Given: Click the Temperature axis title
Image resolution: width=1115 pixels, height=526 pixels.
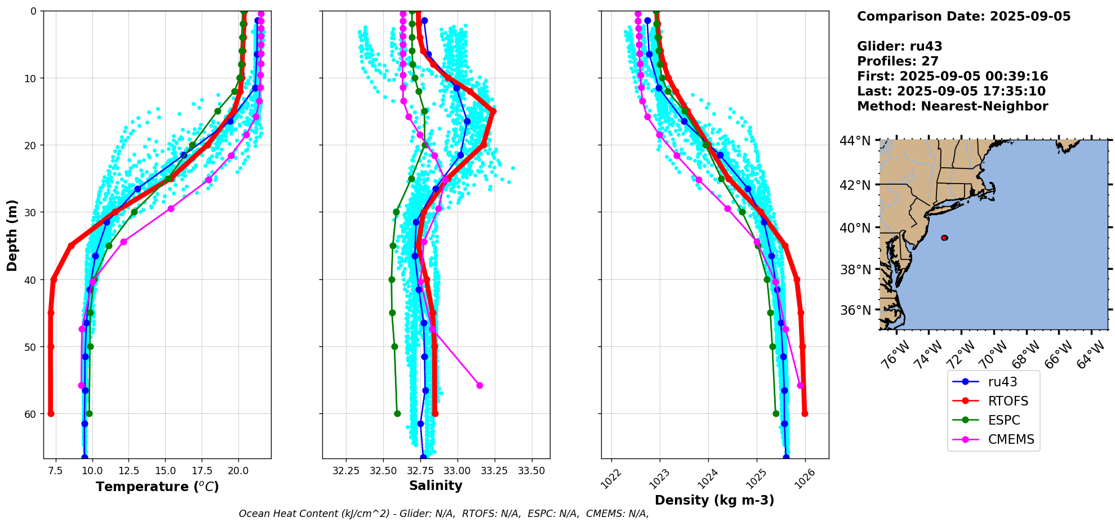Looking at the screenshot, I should tap(157, 487).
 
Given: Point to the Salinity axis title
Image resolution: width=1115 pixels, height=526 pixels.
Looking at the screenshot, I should tap(436, 485).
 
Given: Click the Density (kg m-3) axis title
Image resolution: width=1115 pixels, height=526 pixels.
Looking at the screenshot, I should tap(714, 500).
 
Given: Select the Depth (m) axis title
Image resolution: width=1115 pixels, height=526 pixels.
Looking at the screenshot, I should tap(12, 235).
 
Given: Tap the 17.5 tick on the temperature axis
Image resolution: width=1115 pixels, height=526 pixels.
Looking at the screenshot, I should tap(201, 470).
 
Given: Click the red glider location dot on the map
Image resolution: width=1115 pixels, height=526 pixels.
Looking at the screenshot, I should tap(944, 238).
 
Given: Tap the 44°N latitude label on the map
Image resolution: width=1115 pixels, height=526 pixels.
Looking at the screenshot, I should tap(855, 140).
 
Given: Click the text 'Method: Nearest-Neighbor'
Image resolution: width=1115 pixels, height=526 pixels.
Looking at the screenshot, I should tap(952, 106).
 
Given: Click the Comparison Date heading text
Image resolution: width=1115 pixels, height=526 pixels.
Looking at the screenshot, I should tap(963, 16).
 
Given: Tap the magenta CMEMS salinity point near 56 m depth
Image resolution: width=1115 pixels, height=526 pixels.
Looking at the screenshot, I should tap(479, 385).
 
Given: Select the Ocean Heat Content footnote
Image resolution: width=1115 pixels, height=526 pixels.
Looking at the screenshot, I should tap(443, 514).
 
